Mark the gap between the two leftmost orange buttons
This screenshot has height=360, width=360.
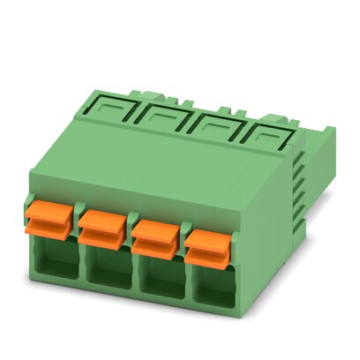tap(75, 222)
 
